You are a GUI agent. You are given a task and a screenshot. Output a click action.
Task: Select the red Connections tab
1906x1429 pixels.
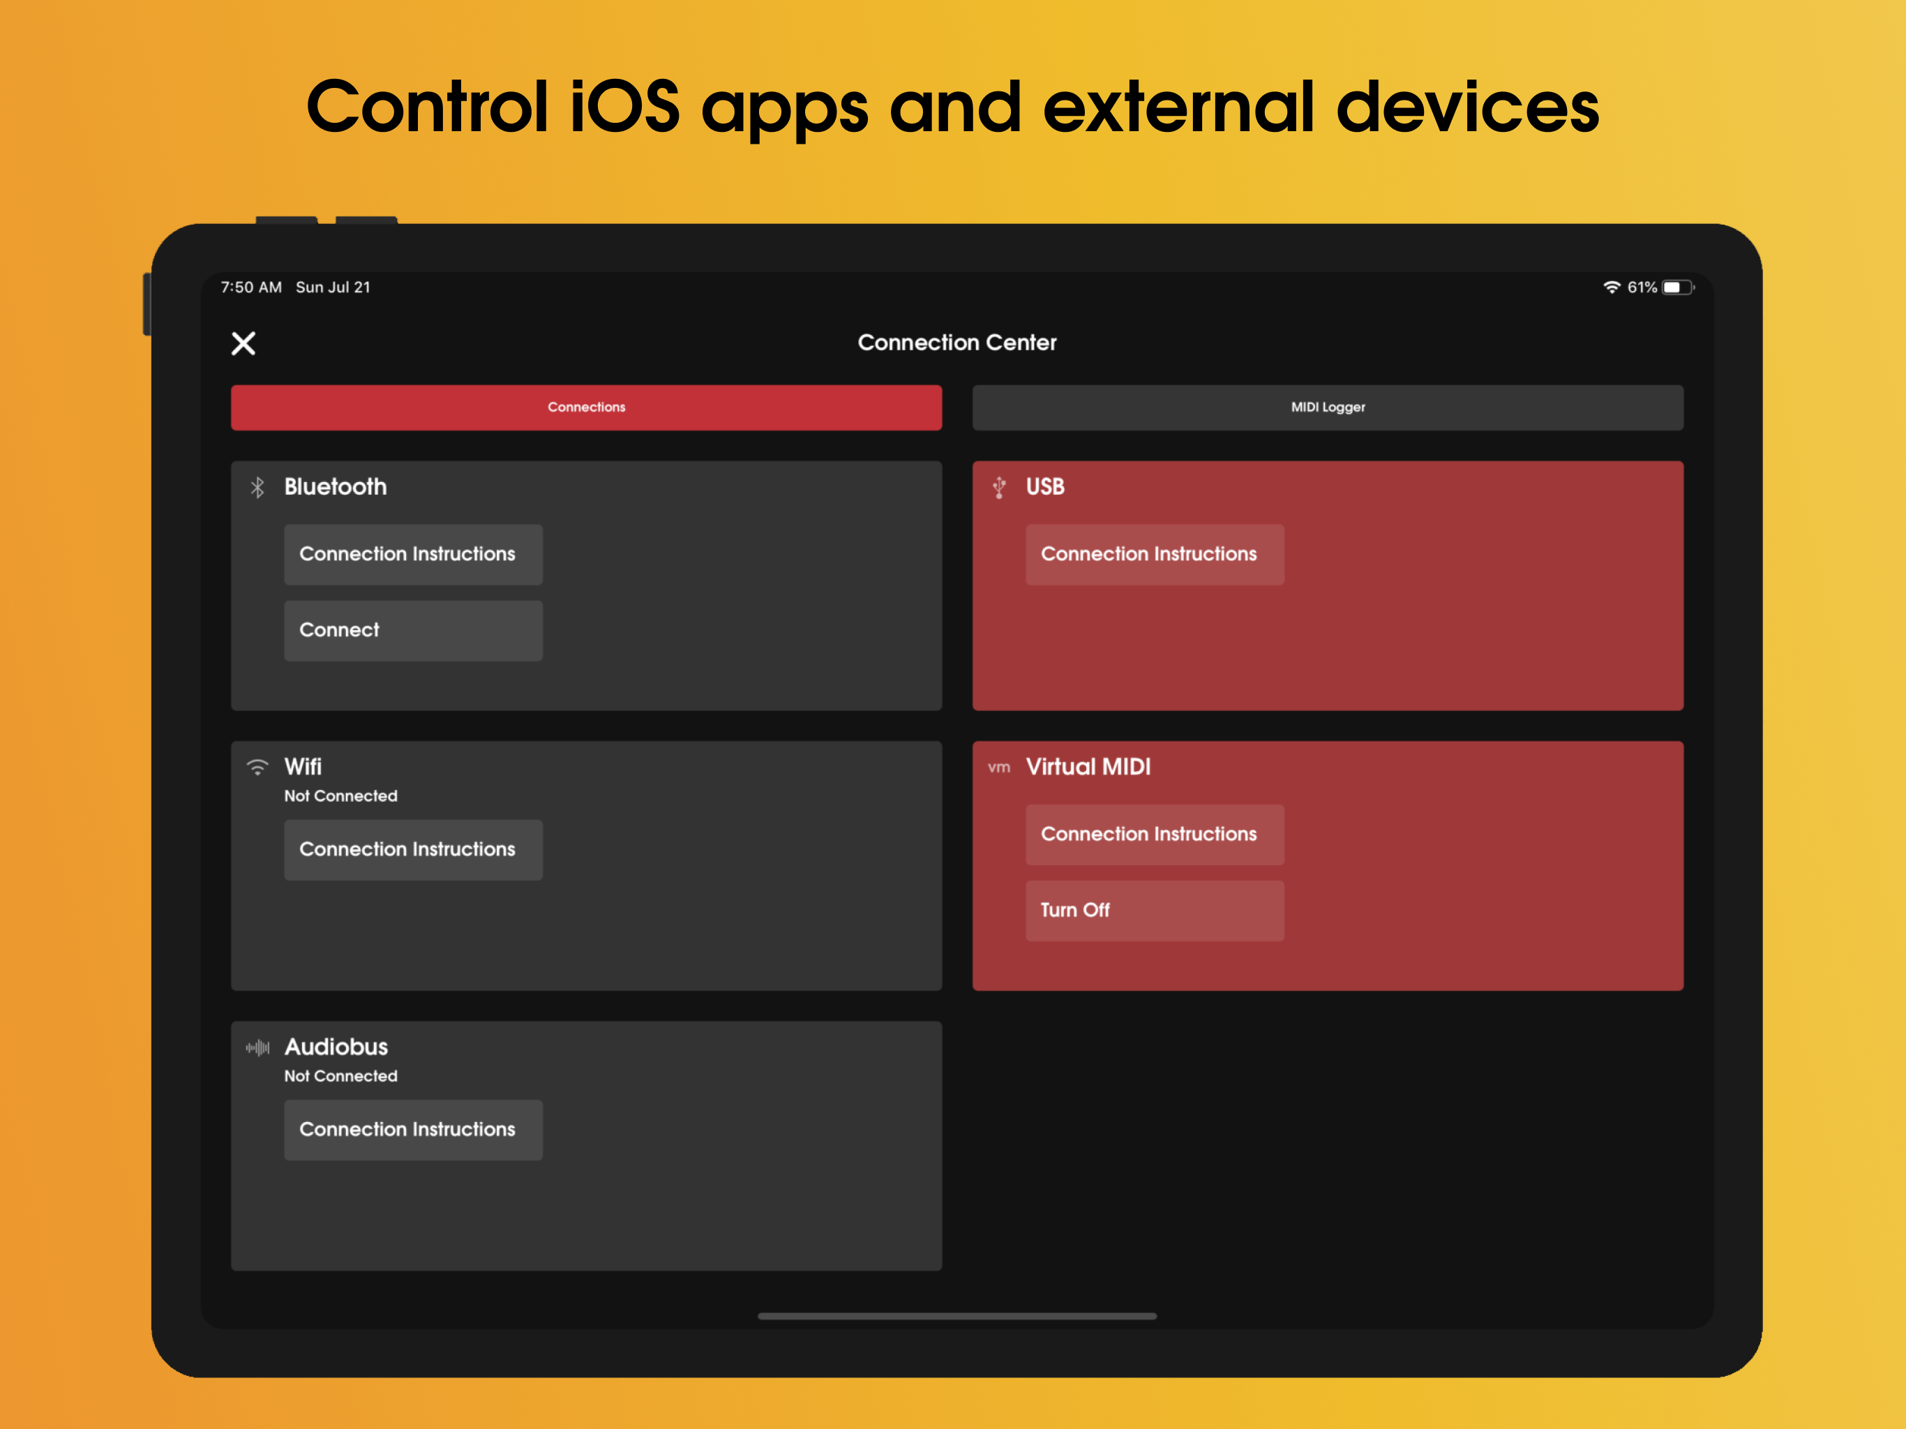tap(586, 407)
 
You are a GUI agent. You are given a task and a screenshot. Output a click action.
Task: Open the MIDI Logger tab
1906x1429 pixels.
tap(1328, 407)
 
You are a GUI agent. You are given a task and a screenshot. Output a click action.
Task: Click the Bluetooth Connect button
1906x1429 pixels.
tap(414, 630)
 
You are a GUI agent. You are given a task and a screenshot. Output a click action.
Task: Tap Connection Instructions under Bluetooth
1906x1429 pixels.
tap(414, 554)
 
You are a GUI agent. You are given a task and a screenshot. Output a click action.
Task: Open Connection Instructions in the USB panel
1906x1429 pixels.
tap(1155, 554)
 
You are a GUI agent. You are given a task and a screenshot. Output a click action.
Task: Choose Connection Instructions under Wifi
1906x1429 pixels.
tap(414, 850)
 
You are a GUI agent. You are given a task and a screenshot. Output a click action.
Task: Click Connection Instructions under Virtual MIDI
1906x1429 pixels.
tap(1155, 835)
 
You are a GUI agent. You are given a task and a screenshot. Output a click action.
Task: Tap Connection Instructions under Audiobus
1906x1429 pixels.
tap(414, 1130)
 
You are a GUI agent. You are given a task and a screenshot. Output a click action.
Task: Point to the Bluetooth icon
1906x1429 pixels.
tap(257, 487)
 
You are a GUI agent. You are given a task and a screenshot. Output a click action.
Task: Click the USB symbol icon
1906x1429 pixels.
tap(998, 487)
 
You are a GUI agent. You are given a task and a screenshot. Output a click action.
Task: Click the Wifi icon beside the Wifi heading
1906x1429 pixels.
tap(257, 767)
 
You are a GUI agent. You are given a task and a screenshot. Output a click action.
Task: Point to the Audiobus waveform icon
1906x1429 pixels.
tap(257, 1047)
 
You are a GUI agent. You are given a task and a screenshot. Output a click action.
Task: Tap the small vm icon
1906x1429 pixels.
tap(998, 767)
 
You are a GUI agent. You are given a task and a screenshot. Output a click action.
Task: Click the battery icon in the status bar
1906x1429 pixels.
tap(1679, 287)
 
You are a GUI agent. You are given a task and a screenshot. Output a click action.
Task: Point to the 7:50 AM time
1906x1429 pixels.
tap(250, 287)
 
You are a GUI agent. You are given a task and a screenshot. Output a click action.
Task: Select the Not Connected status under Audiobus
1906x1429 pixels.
tap(341, 1076)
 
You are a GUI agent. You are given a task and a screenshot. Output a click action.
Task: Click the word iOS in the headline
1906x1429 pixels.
tap(624, 107)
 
